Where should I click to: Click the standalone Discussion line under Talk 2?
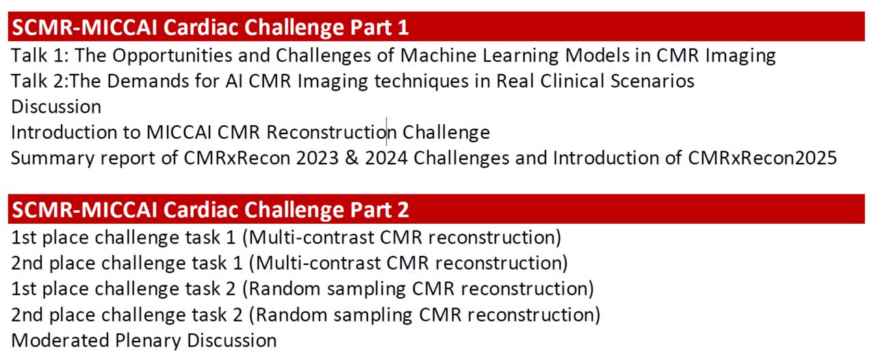pos(56,107)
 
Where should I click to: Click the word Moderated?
pos(60,340)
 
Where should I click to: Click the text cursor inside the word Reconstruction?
pos(387,131)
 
